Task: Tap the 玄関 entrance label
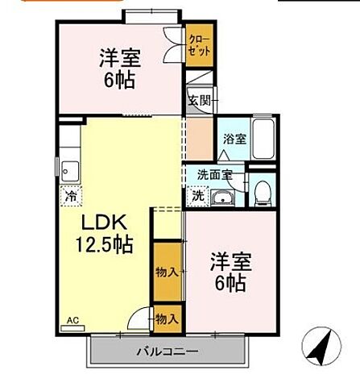[x=200, y=101]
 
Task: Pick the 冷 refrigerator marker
[x=72, y=195]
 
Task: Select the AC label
[x=71, y=318]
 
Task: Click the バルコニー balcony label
[x=166, y=352]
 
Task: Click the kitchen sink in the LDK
[x=69, y=171]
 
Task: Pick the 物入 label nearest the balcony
[x=167, y=320]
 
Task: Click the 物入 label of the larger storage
[x=167, y=273]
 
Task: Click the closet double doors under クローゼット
[x=172, y=45]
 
